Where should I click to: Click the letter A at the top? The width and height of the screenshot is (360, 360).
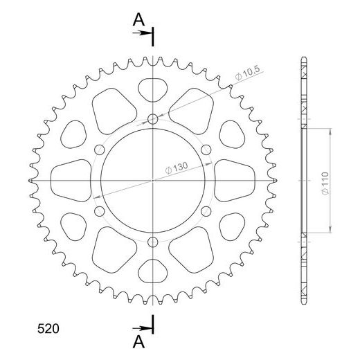tap(139, 21)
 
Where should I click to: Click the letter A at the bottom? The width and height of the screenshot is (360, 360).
tap(139, 340)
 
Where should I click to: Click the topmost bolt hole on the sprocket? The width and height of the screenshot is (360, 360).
tap(153, 119)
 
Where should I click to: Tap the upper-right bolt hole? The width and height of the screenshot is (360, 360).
tap(206, 150)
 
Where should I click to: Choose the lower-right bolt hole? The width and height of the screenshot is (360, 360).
tap(206, 210)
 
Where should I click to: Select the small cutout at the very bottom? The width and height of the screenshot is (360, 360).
tap(153, 269)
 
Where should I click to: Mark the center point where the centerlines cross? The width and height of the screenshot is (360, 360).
tap(153, 179)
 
